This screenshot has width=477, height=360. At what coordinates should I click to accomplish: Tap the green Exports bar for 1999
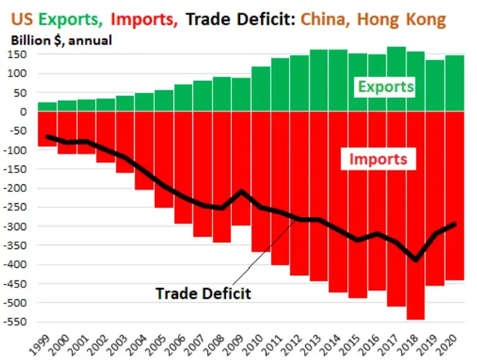(47, 107)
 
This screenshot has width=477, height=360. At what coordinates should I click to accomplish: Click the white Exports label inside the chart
(386, 87)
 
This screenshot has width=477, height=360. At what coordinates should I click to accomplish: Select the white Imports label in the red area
(378, 159)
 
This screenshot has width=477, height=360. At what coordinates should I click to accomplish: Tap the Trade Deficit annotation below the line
(203, 293)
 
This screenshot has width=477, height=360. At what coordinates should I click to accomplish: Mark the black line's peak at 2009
(241, 191)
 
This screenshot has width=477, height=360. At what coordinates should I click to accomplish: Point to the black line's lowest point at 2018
(415, 259)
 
